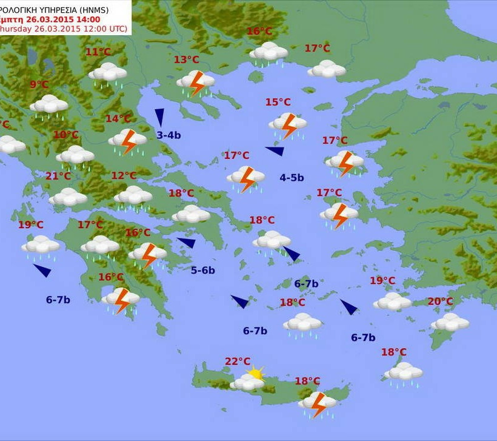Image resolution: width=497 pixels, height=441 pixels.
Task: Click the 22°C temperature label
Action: click(238, 362)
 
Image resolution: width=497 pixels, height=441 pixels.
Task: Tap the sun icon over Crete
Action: click(256, 373)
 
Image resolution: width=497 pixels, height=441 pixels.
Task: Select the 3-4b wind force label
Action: click(168, 135)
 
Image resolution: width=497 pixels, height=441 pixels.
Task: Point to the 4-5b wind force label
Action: click(292, 178)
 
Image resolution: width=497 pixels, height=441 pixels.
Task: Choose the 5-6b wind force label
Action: click(203, 271)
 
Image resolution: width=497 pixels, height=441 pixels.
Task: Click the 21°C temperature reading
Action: click(58, 177)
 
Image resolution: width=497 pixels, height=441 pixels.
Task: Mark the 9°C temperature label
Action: click(39, 85)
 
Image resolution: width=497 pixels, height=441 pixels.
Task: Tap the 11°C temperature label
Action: click(98, 52)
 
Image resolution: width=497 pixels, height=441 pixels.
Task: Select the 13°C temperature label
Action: click(186, 59)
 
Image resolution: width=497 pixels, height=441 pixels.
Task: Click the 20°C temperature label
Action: click(440, 301)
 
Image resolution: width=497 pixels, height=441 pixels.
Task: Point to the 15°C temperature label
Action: click(278, 102)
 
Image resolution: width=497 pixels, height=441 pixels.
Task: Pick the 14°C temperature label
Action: click(118, 119)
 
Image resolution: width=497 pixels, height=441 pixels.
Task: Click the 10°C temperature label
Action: click(66, 135)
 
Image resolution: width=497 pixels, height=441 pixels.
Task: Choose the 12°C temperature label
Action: click(124, 176)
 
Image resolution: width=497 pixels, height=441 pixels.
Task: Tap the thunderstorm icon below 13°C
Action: click(196, 82)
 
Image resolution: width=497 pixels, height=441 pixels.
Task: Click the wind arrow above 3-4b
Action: click(159, 116)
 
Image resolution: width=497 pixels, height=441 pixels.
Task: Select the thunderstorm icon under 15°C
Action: click(288, 126)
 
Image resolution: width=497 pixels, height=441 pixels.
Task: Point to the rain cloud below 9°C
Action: click(49, 105)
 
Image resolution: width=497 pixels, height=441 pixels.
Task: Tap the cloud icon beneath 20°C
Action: click(450, 321)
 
